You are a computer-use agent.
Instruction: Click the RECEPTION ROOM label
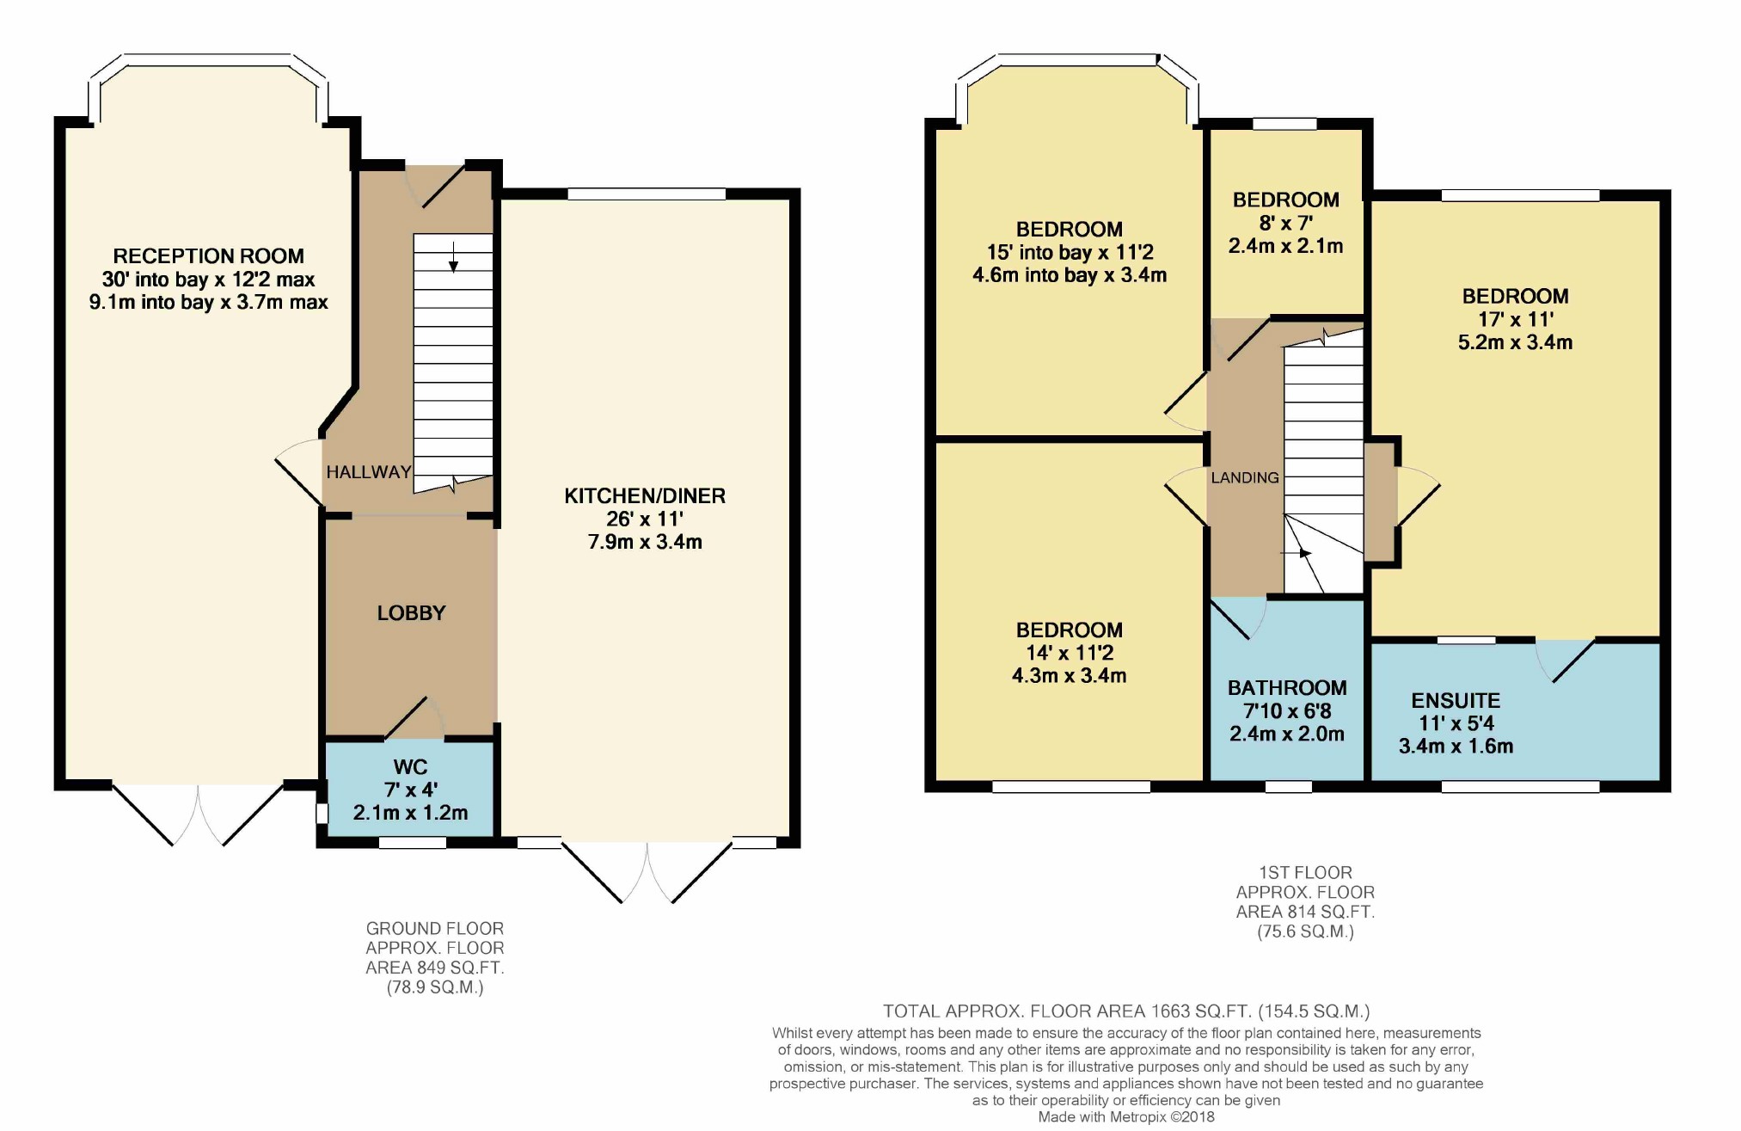point(209,256)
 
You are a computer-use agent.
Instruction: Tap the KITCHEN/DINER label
point(645,496)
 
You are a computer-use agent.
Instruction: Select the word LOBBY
point(412,613)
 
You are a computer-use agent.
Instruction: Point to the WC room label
point(411,767)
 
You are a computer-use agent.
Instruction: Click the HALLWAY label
point(369,472)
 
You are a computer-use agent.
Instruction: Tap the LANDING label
point(1245,477)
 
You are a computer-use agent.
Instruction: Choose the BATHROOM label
point(1287,688)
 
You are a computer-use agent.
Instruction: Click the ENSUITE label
point(1456,701)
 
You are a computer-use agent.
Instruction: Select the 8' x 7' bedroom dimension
point(1286,223)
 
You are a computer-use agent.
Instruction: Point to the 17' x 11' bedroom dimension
point(1516,319)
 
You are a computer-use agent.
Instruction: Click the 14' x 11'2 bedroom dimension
point(1070,653)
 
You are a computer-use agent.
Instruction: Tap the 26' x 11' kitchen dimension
point(645,519)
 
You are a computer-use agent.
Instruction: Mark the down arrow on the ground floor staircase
point(453,257)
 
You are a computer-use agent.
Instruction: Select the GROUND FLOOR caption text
point(435,929)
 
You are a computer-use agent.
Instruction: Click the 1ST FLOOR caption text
point(1306,873)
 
